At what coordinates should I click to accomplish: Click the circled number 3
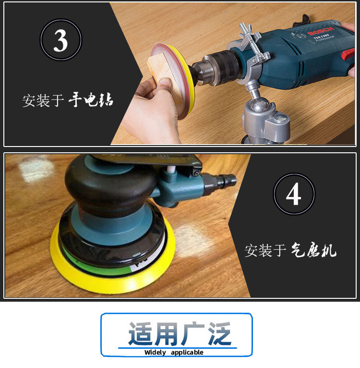[x=60, y=41]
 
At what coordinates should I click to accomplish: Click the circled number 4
[x=294, y=195]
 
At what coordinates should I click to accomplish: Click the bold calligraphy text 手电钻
[x=91, y=99]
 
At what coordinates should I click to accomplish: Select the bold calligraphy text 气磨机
[x=314, y=249]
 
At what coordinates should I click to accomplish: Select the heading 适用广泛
[x=179, y=333]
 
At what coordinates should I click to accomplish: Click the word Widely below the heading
[x=155, y=353]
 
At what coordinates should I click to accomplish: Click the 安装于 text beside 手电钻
[x=43, y=100]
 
